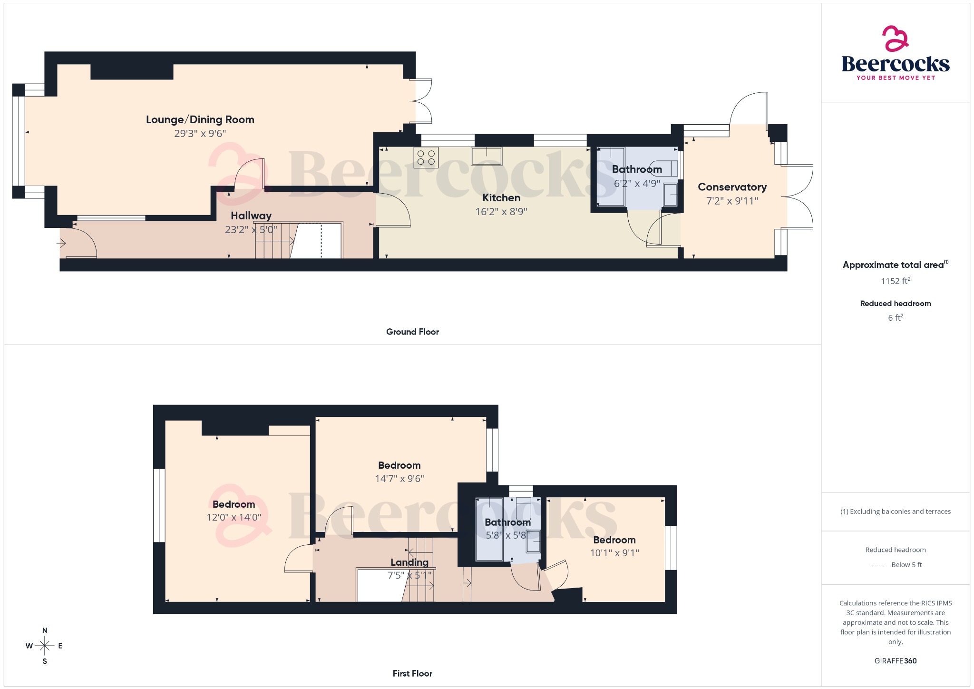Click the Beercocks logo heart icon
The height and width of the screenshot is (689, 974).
coord(895,39)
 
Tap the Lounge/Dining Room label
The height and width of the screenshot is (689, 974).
coord(200,120)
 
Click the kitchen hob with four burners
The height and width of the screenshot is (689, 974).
coord(426,157)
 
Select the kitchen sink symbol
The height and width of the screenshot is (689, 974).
coord(487,156)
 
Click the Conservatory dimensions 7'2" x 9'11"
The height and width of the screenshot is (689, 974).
coord(732,201)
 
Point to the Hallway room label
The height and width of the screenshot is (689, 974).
coord(251,216)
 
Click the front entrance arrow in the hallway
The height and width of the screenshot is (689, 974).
coord(61,244)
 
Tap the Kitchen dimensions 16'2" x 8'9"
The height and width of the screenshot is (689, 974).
coord(501,212)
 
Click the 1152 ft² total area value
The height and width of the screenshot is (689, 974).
coord(895,281)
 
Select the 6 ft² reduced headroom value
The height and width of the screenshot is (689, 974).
coord(895,318)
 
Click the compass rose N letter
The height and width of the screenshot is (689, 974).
coord(45,630)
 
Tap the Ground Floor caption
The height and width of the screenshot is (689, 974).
coord(412,332)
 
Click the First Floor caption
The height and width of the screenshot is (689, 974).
coord(412,673)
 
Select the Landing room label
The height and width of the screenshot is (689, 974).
coord(409,562)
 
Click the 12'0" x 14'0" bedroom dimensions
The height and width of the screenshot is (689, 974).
coord(234,517)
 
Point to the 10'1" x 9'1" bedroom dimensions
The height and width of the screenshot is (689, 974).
coord(614,553)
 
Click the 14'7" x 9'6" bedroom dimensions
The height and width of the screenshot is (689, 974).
coord(399,479)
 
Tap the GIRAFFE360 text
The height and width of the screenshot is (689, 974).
coord(895,661)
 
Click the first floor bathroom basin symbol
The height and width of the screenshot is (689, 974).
coord(533,541)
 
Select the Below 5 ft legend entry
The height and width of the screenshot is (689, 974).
coord(906,565)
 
